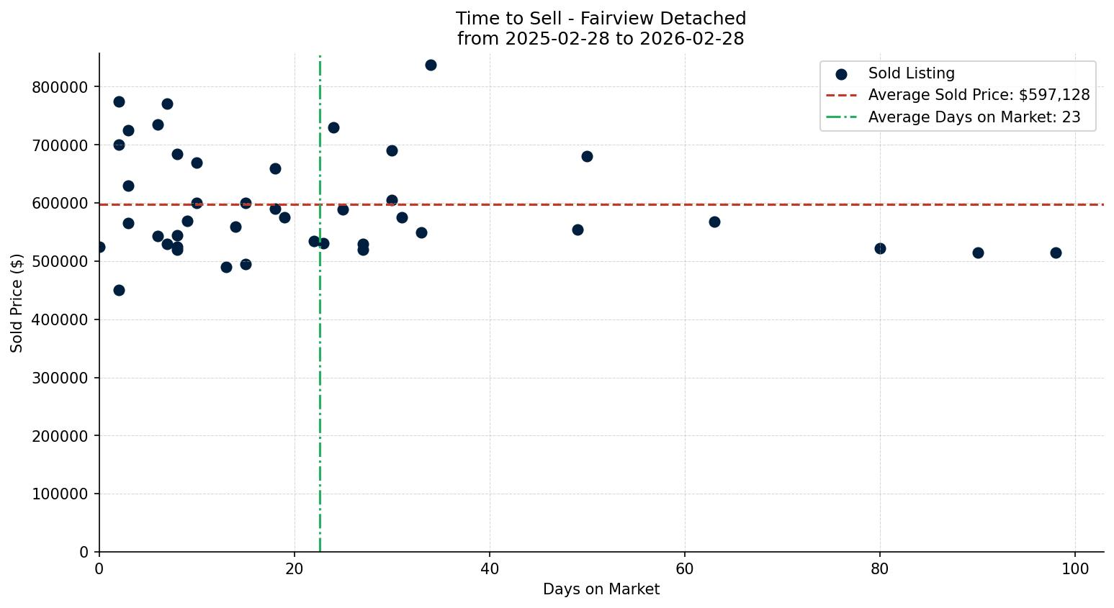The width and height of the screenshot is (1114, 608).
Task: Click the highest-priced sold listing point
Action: (x=431, y=65)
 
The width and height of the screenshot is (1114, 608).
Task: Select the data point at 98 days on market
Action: (x=1056, y=253)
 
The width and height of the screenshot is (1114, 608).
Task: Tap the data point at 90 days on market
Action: (x=978, y=253)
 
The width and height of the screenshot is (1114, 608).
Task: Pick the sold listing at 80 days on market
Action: (x=880, y=248)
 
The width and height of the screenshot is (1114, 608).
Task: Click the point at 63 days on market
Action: (x=714, y=222)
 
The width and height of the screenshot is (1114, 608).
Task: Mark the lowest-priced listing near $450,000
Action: (x=119, y=290)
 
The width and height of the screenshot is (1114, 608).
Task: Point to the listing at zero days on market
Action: (x=99, y=247)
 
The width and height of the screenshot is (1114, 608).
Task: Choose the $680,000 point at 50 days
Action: (x=587, y=156)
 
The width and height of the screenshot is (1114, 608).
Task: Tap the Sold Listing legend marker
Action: (x=841, y=74)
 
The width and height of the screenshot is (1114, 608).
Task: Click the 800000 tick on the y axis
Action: (x=60, y=87)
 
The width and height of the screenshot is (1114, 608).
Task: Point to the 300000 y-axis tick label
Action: (x=60, y=378)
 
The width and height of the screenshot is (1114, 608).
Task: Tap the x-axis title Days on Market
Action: (x=601, y=589)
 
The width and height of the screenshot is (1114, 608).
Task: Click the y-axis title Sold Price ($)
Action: (x=17, y=303)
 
